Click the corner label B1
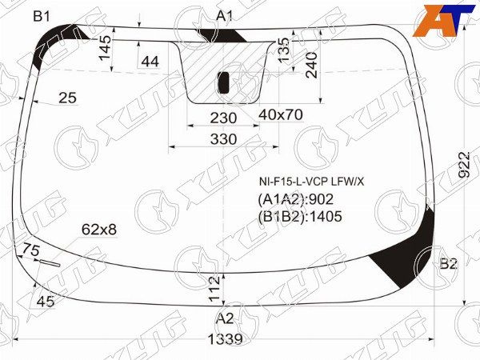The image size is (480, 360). pos(42,16)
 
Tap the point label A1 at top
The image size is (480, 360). pos(225,16)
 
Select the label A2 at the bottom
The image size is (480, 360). pos(225,318)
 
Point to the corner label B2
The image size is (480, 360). pos(449,263)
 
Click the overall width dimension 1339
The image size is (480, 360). pos(225,339)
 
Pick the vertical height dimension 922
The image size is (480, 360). pos(465,165)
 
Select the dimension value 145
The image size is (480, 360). pos(106,48)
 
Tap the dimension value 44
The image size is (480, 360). pos(150,62)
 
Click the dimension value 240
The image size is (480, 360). pos(312,66)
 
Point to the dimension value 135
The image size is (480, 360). pos(284,50)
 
